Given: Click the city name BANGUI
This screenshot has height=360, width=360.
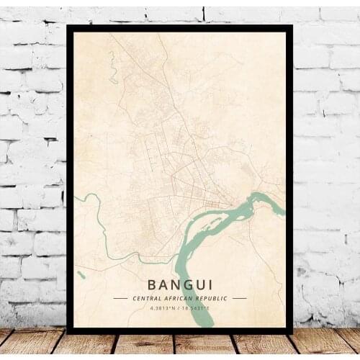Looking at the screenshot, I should (x=179, y=284).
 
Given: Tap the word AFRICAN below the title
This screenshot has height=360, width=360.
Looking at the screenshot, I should (x=180, y=298).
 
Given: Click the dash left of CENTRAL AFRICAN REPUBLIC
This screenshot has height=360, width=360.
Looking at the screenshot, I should (x=120, y=298).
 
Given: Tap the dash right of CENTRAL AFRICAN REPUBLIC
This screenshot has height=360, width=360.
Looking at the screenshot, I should (x=239, y=298).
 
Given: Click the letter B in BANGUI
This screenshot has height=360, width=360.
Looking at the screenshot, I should (x=153, y=284).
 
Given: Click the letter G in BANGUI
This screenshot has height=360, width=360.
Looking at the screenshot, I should (x=186, y=284).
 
